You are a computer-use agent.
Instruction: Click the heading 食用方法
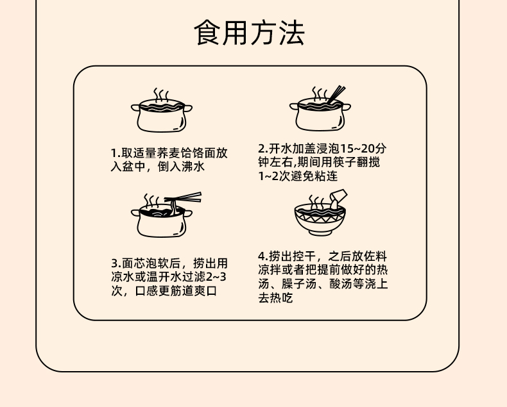pos(249,33)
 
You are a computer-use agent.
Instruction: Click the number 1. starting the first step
pos(116,154)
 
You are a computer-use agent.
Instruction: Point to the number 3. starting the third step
pos(116,263)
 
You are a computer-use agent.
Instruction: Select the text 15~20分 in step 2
pos(364,148)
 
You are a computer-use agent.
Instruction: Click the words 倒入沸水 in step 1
pos(181,167)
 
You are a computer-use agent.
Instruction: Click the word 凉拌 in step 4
pos(270,269)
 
